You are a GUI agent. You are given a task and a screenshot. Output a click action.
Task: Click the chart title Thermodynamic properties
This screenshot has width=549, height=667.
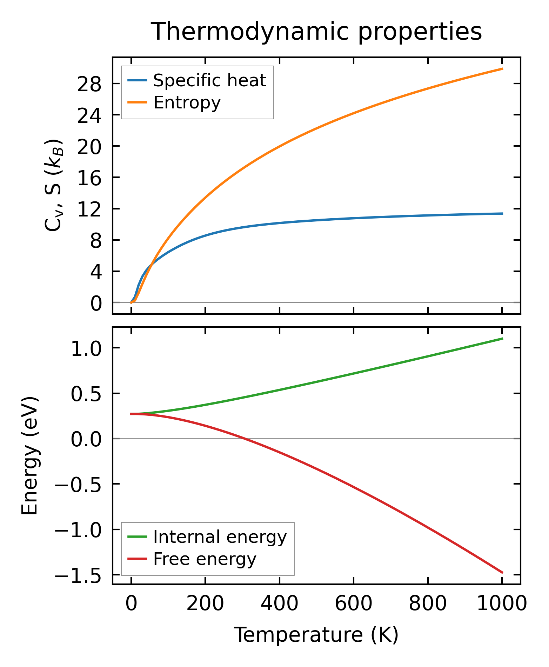pos(316,32)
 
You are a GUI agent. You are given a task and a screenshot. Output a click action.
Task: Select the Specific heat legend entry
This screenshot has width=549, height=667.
pos(209,81)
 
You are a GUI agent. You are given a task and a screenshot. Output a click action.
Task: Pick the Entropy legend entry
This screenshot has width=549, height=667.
pos(187,103)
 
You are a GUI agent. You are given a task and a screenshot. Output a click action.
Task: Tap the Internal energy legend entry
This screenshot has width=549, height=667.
pos(220,537)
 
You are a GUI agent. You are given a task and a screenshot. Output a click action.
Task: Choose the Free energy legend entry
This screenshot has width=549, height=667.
pos(205,559)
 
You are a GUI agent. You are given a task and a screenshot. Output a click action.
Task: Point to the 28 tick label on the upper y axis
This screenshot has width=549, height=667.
pos(89,84)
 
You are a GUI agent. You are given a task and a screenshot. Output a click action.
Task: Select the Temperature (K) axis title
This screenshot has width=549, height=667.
pos(316,635)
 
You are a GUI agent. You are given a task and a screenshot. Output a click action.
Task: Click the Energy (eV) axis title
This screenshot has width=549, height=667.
pos(29,455)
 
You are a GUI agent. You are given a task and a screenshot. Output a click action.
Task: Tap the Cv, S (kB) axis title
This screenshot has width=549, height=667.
pos(53,185)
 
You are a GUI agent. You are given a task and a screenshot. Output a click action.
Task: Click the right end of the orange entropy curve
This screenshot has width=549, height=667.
pos(502,69)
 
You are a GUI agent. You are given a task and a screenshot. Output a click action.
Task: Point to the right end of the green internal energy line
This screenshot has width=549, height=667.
pos(502,338)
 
